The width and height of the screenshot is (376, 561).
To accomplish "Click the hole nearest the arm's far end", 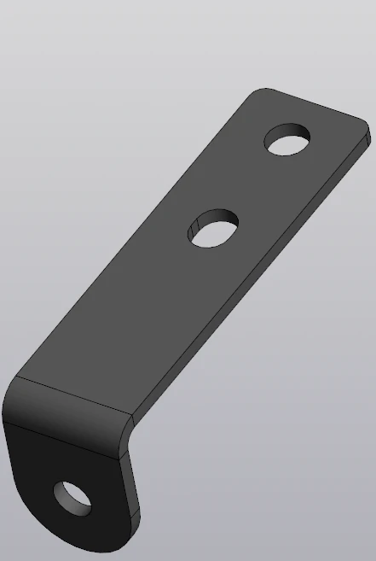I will click(x=288, y=139).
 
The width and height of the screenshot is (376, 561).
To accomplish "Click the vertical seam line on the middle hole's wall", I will click(x=195, y=225).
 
